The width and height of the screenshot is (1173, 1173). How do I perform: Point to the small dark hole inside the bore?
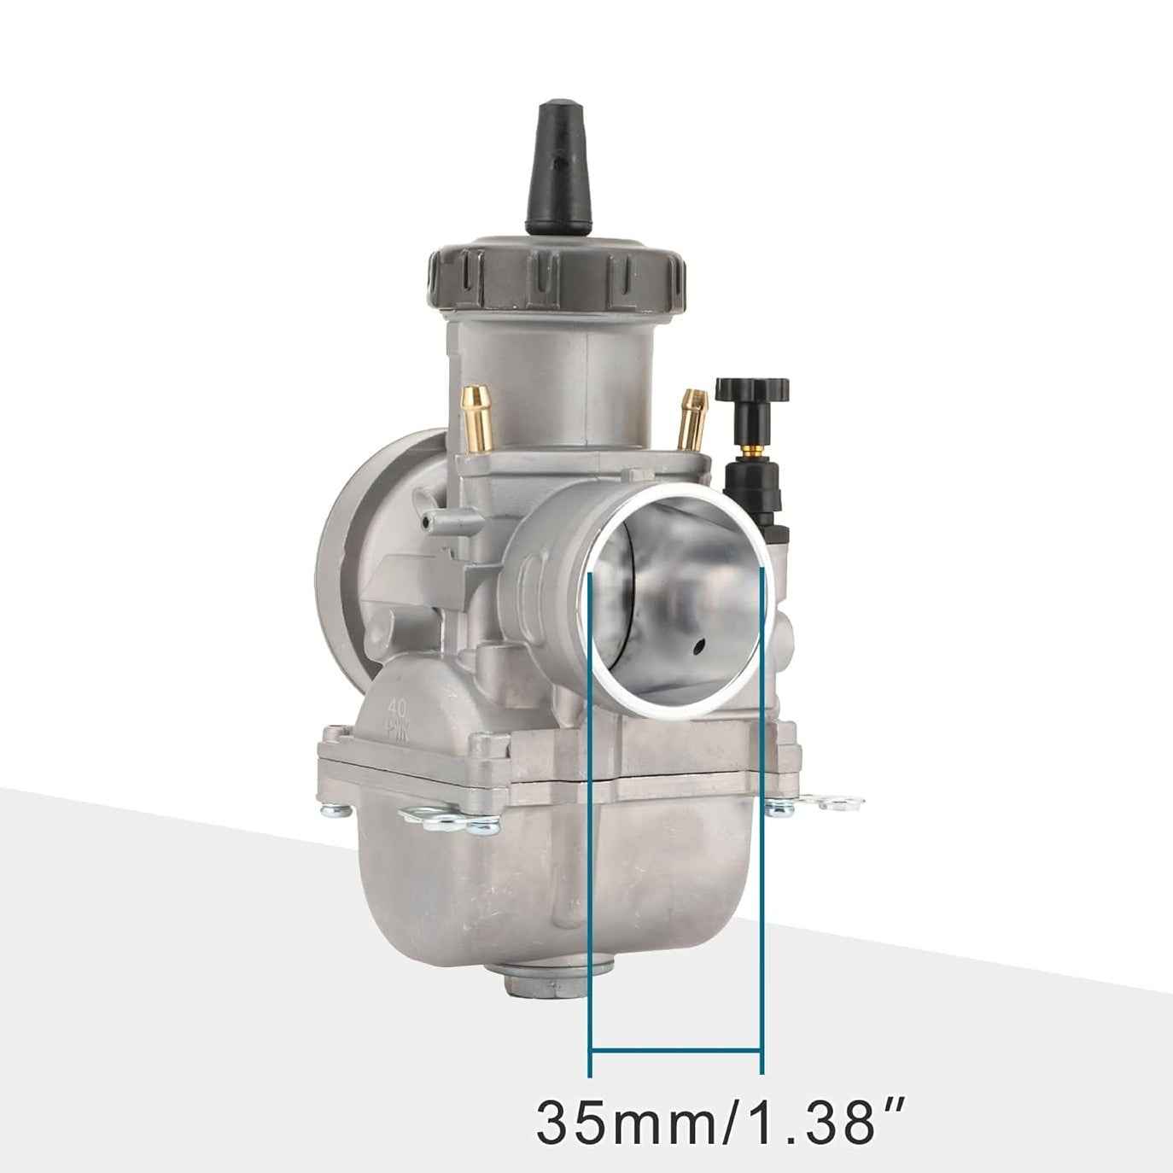point(699,648)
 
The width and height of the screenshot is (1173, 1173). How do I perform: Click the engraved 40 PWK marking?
point(396,715)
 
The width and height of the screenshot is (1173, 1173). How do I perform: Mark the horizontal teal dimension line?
point(675,1049)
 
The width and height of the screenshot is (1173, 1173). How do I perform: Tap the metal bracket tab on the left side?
point(448,821)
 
